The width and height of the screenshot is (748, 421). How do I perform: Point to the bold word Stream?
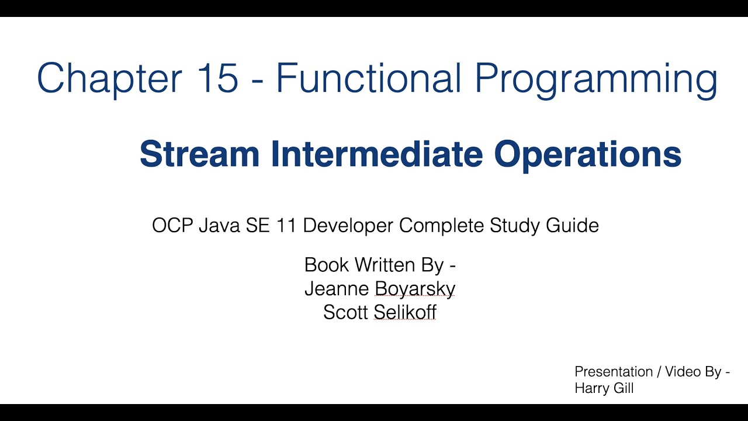point(199,154)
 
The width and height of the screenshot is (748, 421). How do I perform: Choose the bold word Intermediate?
point(376,154)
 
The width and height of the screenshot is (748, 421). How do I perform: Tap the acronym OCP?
point(172,226)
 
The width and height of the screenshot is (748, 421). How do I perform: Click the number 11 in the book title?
point(286,226)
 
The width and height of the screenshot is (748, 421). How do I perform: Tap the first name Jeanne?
point(336,289)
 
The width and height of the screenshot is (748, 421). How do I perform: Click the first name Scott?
point(345,312)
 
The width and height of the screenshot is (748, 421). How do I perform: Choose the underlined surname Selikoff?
point(405,312)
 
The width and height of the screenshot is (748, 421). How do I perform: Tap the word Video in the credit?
point(680,372)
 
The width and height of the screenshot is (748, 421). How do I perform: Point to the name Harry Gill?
point(604,388)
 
